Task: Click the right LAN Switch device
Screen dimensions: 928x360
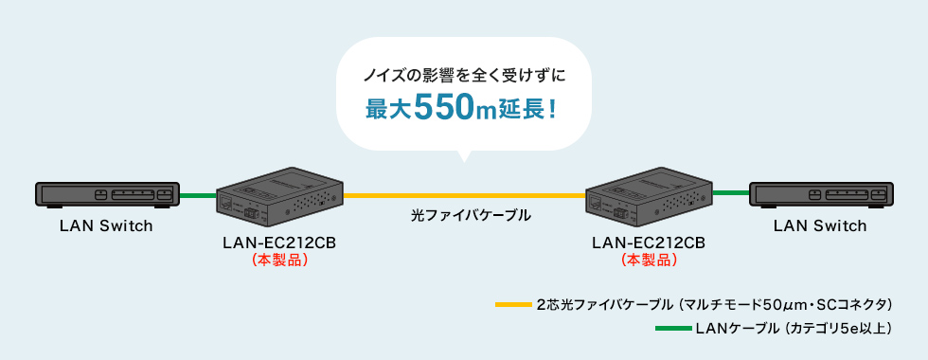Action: pos(820,195)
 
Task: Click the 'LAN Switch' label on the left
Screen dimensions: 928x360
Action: pos(106,225)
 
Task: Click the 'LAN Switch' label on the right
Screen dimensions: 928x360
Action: pos(820,225)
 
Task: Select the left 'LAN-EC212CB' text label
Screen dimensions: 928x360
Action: pos(279,243)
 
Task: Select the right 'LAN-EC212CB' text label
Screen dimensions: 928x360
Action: pos(649,243)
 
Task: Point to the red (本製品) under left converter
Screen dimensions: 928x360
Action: pos(279,260)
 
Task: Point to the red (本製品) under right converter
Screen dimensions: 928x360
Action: pos(649,260)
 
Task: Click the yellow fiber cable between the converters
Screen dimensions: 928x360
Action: pos(464,194)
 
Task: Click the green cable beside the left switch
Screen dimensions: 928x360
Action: pos(198,195)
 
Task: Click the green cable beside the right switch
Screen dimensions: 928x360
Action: pos(730,192)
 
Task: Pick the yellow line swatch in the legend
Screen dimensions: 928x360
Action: pos(512,305)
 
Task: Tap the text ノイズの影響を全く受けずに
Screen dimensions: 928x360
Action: pos(463,74)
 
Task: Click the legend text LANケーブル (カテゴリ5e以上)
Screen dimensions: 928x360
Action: pos(794,329)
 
